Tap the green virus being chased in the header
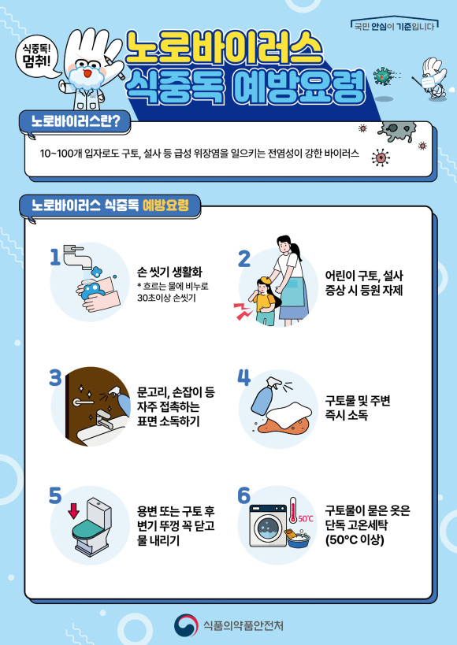coord(381,76)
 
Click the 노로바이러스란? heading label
coord(76,122)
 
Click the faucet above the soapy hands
coord(78,256)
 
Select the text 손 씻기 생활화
coord(169,272)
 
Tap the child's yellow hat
coord(263,282)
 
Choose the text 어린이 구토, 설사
coord(364,276)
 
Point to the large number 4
coord(243,377)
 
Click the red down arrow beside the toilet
coord(74,511)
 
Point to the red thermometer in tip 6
coord(293,510)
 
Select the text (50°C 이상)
coord(355,539)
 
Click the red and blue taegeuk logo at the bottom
coord(186,625)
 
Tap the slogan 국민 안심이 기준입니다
coord(394,27)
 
